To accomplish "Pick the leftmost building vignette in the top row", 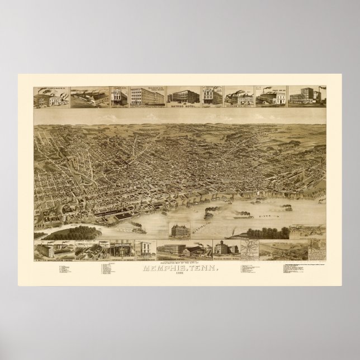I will click(51, 97).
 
